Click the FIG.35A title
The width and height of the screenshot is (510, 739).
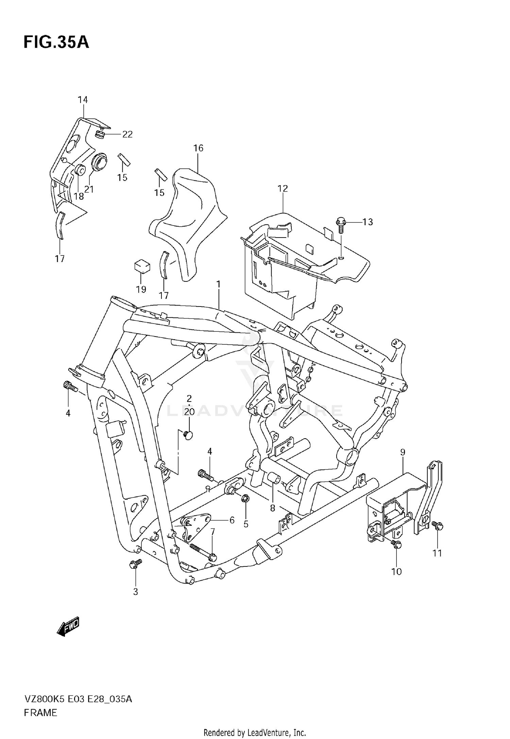click(56, 43)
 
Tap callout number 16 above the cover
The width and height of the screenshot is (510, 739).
click(198, 148)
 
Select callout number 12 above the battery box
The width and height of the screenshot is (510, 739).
click(283, 188)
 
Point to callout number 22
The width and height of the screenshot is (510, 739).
click(127, 134)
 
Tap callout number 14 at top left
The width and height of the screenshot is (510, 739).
click(83, 100)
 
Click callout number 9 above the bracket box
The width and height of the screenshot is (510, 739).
click(403, 452)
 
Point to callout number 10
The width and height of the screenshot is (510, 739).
click(396, 571)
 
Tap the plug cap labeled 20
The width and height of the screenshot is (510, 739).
click(188, 434)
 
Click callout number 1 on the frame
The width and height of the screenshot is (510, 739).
click(218, 284)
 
